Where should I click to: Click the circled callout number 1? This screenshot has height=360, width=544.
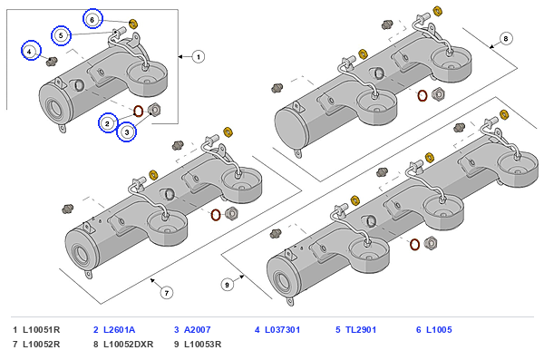pyautogui.click(x=199, y=56)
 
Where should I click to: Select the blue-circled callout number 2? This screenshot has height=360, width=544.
pyautogui.click(x=108, y=123)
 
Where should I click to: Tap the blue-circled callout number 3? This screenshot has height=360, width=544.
pyautogui.click(x=127, y=132)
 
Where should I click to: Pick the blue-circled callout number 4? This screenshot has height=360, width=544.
pyautogui.click(x=31, y=51)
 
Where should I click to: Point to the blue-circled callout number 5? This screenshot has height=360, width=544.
pyautogui.click(x=61, y=35)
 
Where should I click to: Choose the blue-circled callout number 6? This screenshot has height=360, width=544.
pyautogui.click(x=92, y=19)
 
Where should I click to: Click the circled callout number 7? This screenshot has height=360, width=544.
pyautogui.click(x=167, y=293)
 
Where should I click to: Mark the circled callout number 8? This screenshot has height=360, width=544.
pyautogui.click(x=506, y=38)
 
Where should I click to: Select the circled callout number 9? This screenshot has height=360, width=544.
pyautogui.click(x=228, y=285)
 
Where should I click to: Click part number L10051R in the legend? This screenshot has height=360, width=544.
pyautogui.click(x=42, y=329)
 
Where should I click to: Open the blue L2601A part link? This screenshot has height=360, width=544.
pyautogui.click(x=120, y=329)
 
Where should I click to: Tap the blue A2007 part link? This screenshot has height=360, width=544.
pyautogui.click(x=197, y=329)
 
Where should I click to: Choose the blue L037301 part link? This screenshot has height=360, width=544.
pyautogui.click(x=282, y=329)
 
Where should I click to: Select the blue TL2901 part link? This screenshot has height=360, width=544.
pyautogui.click(x=361, y=329)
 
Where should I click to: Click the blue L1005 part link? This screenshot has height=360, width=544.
pyautogui.click(x=439, y=329)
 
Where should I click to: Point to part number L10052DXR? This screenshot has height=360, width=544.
pyautogui.click(x=129, y=344)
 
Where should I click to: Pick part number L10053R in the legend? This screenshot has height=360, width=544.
pyautogui.click(x=202, y=344)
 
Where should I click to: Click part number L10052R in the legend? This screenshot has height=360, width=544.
pyautogui.click(x=42, y=344)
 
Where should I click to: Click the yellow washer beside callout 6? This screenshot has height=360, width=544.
pyautogui.click(x=133, y=24)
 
